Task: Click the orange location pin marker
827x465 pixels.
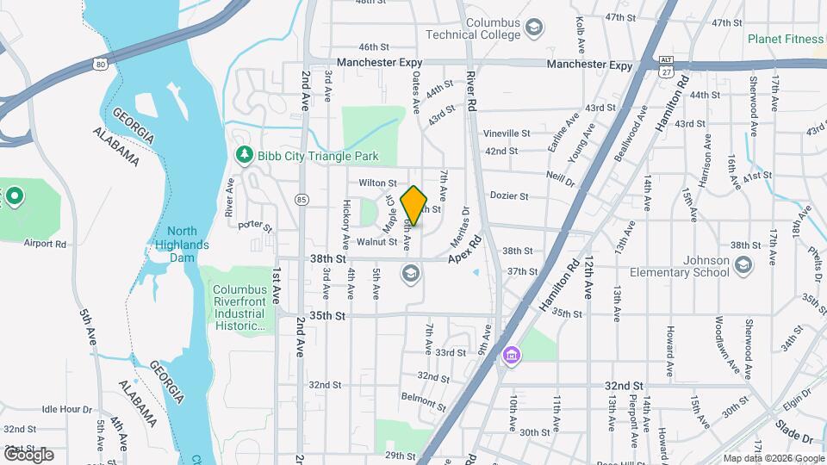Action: [414, 206]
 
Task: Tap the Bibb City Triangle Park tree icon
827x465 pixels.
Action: [246, 156]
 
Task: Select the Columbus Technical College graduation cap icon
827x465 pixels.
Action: [534, 28]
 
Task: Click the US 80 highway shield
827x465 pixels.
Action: [102, 64]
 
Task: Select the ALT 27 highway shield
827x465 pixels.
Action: [665, 65]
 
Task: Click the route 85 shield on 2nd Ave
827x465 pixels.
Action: [301, 200]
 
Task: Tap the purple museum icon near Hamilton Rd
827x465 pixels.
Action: [512, 355]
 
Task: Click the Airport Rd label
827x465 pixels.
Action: [47, 244]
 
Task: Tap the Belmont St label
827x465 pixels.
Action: [422, 397]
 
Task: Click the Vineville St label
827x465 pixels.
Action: [507, 133]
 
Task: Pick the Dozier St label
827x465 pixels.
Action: [508, 196]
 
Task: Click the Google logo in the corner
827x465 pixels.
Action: [28, 455]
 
